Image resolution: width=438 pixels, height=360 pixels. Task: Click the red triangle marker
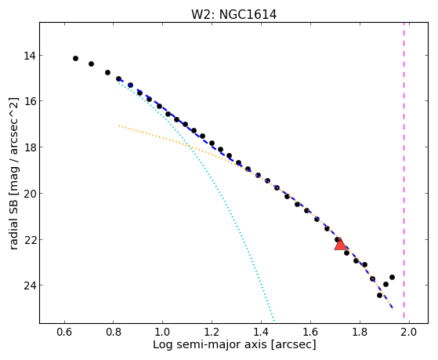click(340, 244)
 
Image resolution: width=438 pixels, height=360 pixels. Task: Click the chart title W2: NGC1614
click(233, 15)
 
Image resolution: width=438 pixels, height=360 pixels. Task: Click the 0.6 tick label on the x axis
click(64, 332)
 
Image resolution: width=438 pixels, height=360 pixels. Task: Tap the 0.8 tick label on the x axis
click(114, 332)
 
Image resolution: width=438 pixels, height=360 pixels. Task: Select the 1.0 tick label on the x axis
click(163, 332)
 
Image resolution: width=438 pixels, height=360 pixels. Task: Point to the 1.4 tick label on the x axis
click(261, 332)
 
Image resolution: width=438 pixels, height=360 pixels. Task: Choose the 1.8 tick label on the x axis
click(360, 332)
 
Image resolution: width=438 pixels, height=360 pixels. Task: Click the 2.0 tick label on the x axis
click(409, 332)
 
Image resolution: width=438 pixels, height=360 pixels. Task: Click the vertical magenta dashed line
click(404, 170)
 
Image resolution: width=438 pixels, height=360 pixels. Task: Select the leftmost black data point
click(75, 59)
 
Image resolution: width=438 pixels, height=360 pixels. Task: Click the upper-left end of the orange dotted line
click(119, 125)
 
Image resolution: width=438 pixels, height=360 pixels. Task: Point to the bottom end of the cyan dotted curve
click(273, 320)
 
